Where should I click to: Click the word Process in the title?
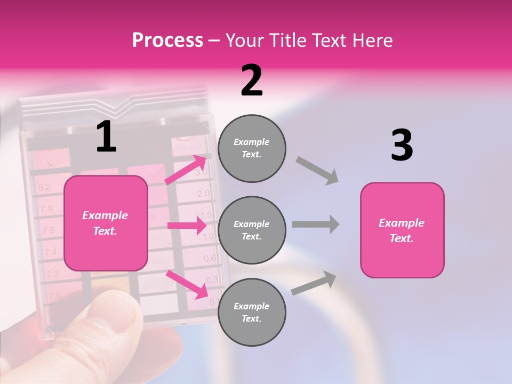[167, 41]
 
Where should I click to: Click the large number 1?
[106, 137]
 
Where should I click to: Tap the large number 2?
[252, 81]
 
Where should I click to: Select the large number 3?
[402, 146]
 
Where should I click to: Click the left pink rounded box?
[106, 223]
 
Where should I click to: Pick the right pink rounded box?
[402, 230]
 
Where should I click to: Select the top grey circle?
[252, 148]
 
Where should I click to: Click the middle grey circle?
[252, 230]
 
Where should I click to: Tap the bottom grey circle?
[252, 313]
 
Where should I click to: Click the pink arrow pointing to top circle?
[186, 170]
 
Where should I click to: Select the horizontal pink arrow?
[187, 226]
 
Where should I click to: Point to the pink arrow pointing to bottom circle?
[187, 284]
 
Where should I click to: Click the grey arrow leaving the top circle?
[317, 170]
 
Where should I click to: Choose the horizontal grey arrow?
[316, 225]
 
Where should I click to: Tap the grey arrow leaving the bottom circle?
[314, 283]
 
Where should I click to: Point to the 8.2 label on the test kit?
[44, 187]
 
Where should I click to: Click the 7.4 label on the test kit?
[51, 252]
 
